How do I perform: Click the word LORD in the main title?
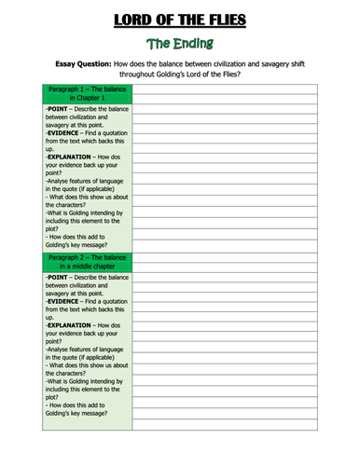(x=115, y=17)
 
